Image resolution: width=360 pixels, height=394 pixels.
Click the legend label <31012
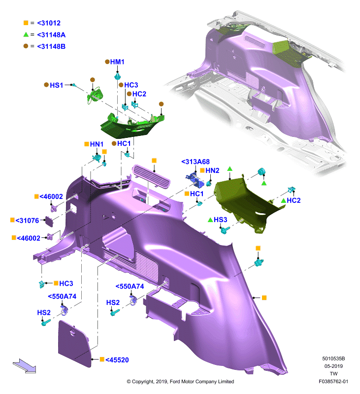[49, 23]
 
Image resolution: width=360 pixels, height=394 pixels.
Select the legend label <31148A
[51, 35]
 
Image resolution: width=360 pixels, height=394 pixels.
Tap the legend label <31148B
[51, 46]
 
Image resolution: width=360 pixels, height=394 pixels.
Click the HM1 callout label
[117, 62]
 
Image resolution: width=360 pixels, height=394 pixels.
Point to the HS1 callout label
[56, 85]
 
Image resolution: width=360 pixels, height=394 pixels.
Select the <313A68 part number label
[196, 162]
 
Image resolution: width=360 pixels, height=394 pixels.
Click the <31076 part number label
[28, 221]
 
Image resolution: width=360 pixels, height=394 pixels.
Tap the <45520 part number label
[117, 360]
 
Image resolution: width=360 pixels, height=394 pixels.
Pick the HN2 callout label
[212, 170]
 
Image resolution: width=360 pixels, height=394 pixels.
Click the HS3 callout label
[220, 220]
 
